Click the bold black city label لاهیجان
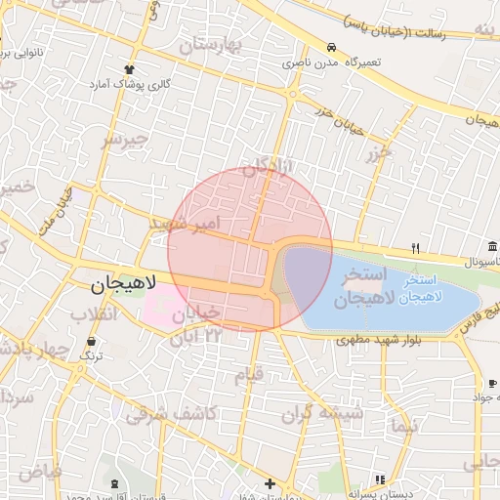point(123,285)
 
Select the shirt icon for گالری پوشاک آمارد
point(130,69)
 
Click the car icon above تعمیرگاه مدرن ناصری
point(332,48)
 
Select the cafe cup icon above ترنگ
point(91,342)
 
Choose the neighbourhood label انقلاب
point(94,314)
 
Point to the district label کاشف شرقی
point(169,414)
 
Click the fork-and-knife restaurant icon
point(415,248)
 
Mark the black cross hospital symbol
point(270,483)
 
